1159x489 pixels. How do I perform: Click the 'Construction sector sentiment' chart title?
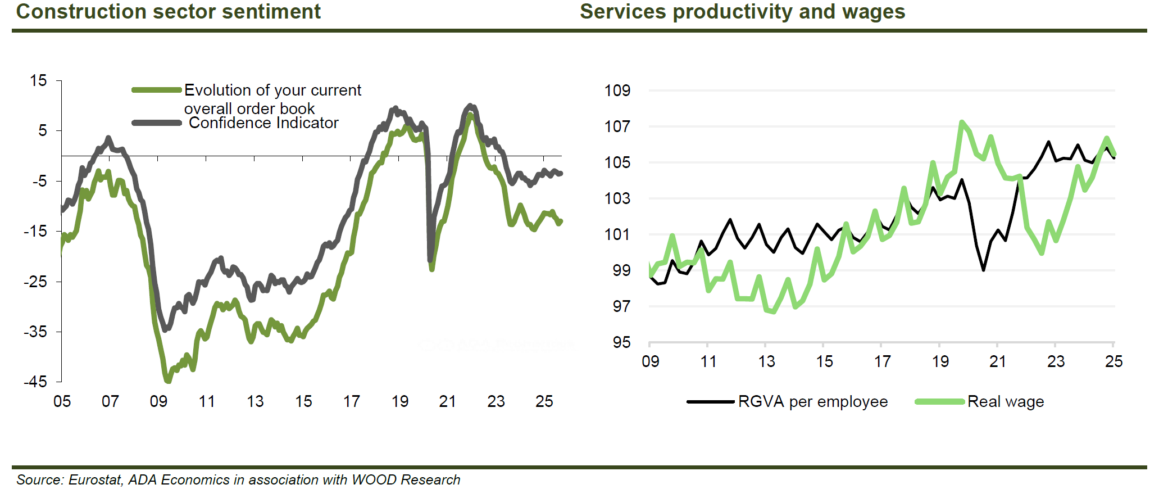(168, 11)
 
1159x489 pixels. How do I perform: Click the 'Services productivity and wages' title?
(742, 11)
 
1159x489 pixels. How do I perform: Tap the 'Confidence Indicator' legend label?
(263, 123)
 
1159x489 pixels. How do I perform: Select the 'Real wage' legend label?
(1005, 402)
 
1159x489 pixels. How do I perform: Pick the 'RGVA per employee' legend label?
(812, 402)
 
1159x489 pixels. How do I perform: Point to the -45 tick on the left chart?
(35, 382)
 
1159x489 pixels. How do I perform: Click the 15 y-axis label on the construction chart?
(38, 81)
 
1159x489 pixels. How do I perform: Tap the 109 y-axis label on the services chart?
(617, 90)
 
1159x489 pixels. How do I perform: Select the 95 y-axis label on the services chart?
(621, 342)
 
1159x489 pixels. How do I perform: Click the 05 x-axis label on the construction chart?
(62, 401)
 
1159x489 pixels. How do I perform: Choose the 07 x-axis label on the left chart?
(110, 401)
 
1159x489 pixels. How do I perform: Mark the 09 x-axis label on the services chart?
(651, 361)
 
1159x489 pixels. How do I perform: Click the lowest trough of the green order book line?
(167, 381)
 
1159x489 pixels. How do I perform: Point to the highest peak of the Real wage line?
(962, 122)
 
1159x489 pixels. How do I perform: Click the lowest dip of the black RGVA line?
(984, 270)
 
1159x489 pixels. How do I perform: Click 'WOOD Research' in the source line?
(406, 480)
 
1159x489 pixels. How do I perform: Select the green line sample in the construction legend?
(157, 90)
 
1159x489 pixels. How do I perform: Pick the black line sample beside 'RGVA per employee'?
(710, 402)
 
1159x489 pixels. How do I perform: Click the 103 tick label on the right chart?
(617, 198)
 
